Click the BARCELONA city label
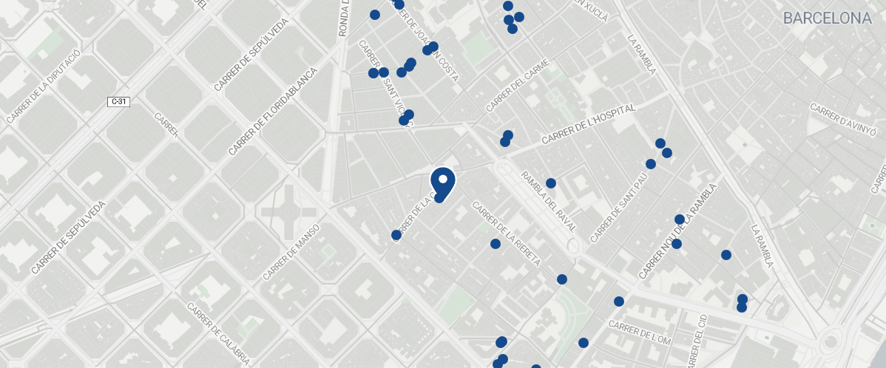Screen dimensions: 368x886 tap(827, 18)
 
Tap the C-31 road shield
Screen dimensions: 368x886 tap(119, 101)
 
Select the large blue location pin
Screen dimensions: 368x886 tap(442, 181)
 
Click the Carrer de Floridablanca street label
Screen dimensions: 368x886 tap(272, 112)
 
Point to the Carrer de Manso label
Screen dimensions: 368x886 tap(291, 252)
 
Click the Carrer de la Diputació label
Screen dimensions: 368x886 tap(43, 86)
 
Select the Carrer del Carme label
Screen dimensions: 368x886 tap(518, 86)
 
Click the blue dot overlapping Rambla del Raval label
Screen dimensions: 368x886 tap(551, 183)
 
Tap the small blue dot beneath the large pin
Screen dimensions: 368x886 tap(439, 197)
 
